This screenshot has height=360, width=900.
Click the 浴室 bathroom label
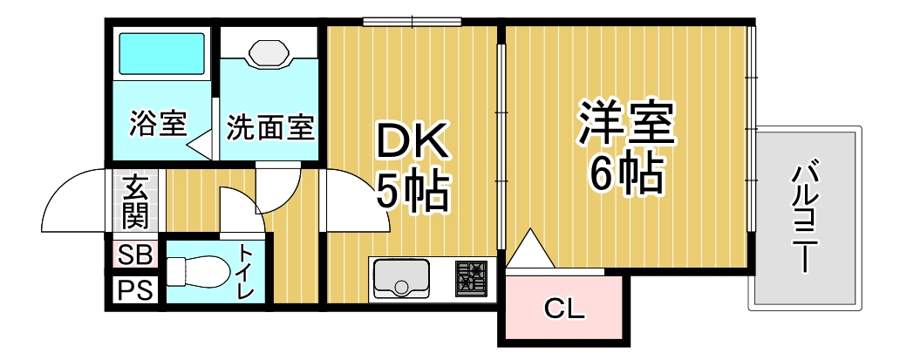[x=157, y=124]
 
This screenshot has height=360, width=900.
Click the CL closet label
[x=563, y=308]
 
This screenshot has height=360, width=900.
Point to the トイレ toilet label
[x=246, y=273]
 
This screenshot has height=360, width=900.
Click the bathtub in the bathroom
[x=161, y=54]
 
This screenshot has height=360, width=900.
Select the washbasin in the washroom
[x=269, y=52]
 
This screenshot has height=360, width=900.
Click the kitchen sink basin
[x=400, y=278]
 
